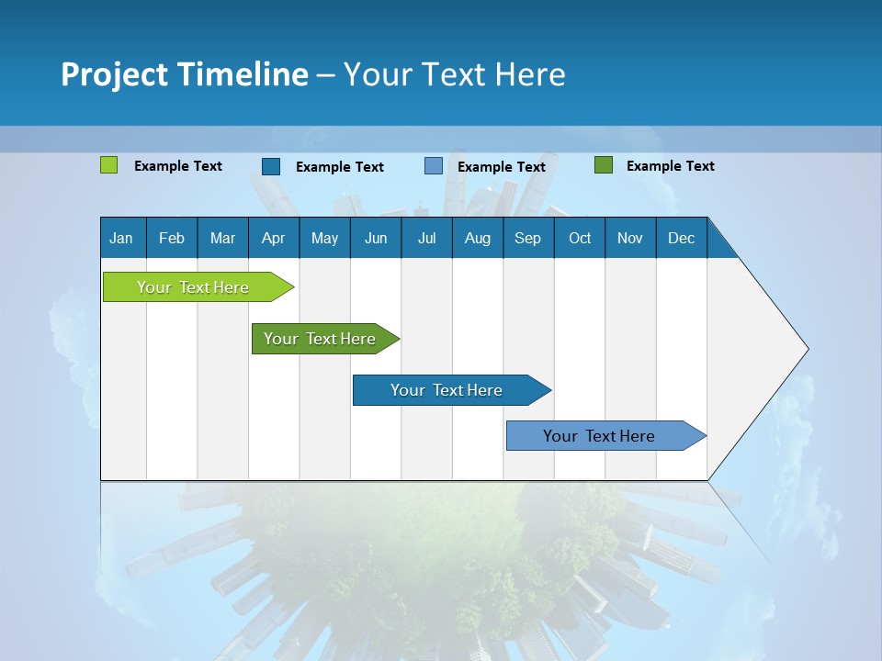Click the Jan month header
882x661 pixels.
(x=121, y=238)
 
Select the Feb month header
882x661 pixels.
(x=172, y=238)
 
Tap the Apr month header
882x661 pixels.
(x=273, y=238)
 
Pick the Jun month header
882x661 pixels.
(x=375, y=238)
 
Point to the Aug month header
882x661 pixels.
(x=477, y=238)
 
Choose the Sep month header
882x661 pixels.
(x=527, y=238)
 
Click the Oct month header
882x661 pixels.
(x=580, y=238)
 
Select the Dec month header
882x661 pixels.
(x=681, y=238)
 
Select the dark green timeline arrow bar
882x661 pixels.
(x=321, y=339)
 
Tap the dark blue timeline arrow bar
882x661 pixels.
(x=447, y=390)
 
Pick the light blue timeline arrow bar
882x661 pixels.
(x=600, y=436)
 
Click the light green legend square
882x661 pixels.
(x=108, y=165)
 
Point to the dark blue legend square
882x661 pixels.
(x=270, y=166)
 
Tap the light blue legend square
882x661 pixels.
(x=433, y=166)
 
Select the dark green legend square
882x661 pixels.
(x=603, y=165)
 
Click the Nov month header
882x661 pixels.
(x=630, y=238)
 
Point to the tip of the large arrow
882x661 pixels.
(x=807, y=349)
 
